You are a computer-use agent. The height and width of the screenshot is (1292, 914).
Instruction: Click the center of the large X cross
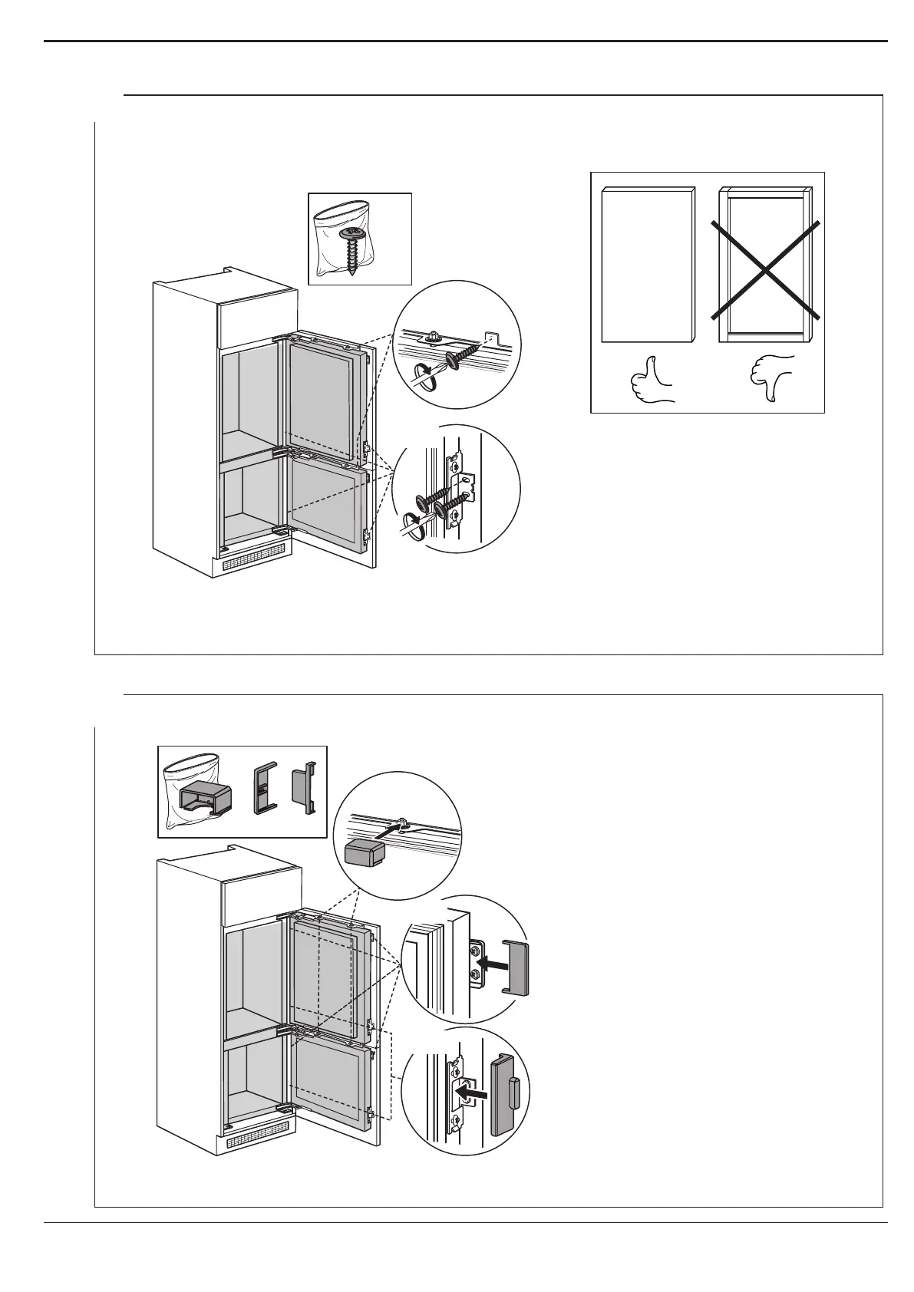tap(765, 269)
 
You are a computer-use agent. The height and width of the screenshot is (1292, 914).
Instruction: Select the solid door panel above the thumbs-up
tap(648, 265)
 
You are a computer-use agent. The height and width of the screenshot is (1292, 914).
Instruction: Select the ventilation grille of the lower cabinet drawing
tap(259, 1130)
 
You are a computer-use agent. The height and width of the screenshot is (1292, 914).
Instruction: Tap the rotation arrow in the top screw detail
tap(423, 377)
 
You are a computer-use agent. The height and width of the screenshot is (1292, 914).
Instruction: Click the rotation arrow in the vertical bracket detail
tap(411, 526)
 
